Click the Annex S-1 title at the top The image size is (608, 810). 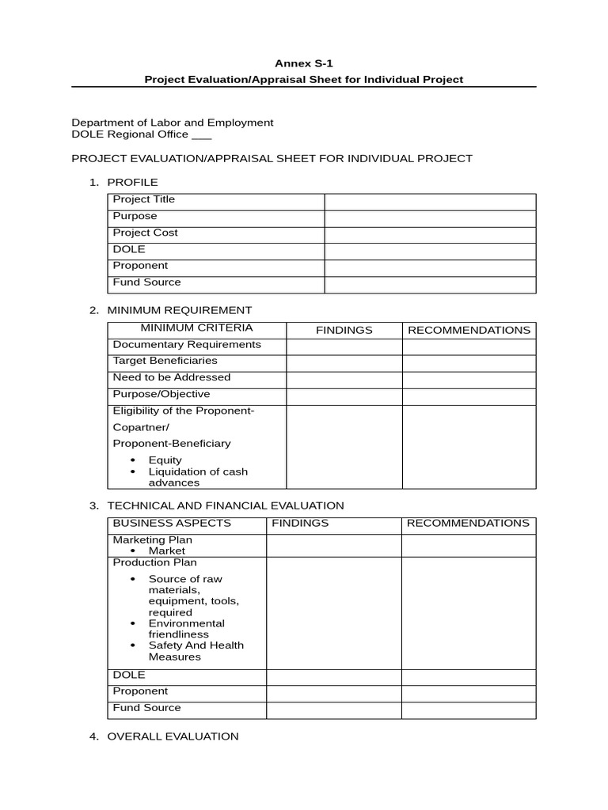point(303,62)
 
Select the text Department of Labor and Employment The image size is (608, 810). point(173,123)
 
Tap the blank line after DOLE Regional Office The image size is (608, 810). point(202,135)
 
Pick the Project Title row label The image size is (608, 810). point(144,199)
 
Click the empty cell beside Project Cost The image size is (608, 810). point(430,233)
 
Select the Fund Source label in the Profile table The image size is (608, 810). point(146,282)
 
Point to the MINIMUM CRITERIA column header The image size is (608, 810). point(196,327)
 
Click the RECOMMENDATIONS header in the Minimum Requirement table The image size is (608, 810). point(469,330)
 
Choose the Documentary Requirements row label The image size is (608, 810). point(187,345)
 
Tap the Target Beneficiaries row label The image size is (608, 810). point(165,361)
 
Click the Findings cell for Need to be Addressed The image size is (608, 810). point(344,378)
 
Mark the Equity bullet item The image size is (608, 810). point(165,460)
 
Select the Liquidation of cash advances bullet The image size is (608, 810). point(198,477)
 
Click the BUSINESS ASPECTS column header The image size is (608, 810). point(172,523)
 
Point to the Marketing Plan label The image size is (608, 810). point(152,539)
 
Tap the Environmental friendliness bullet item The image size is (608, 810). point(186,628)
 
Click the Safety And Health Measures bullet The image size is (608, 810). point(196,650)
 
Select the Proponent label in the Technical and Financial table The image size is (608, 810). point(140,691)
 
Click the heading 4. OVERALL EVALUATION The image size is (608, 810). point(173,736)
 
